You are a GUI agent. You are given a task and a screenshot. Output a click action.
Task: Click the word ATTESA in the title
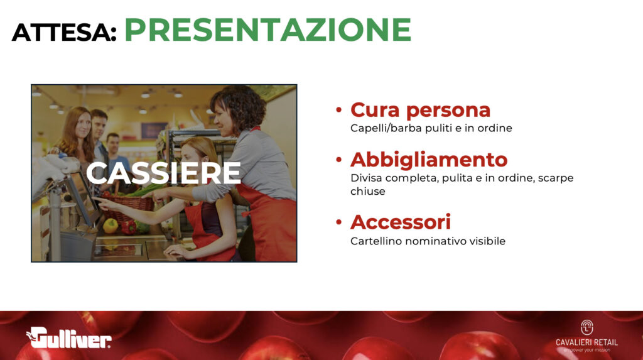[64, 32]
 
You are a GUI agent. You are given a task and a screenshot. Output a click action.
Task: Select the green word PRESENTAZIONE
[267, 30]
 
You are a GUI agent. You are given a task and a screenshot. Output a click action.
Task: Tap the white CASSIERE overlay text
[163, 173]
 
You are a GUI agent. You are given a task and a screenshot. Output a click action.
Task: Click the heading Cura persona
[420, 110]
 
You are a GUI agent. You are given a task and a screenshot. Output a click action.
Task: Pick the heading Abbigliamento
[429, 160]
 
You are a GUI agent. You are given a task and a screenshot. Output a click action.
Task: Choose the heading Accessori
[401, 222]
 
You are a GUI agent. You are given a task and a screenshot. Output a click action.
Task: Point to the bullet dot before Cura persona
[338, 109]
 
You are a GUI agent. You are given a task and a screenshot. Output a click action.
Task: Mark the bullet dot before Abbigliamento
[338, 160]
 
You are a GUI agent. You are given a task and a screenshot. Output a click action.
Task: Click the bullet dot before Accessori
[338, 222]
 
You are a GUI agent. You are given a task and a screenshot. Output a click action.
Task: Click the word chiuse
[368, 191]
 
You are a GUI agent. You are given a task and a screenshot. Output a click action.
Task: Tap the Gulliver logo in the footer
[69, 337]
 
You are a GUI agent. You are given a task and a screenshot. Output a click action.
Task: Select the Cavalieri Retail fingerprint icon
[587, 327]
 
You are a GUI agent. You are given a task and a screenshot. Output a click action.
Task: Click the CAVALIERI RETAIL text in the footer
[587, 342]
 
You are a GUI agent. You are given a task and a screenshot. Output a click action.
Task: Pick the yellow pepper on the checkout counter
[111, 226]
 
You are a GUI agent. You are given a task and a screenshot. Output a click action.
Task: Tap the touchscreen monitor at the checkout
[84, 197]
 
